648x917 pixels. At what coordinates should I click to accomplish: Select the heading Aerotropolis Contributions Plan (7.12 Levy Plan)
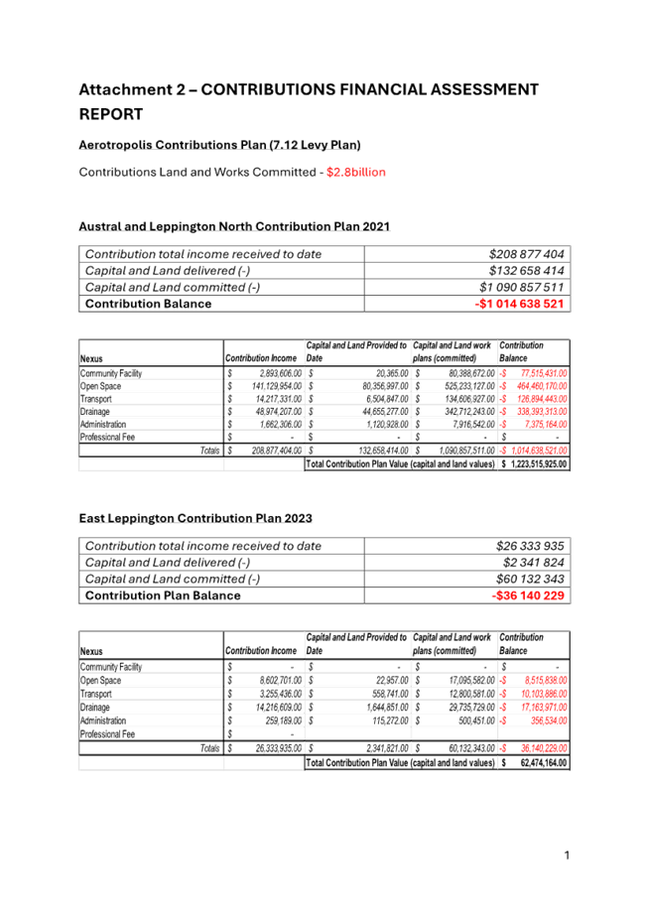(x=219, y=145)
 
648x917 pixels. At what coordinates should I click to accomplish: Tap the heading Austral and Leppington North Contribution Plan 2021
(x=234, y=226)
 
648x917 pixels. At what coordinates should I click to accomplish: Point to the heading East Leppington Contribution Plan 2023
(x=195, y=518)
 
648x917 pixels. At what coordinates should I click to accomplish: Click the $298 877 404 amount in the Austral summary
(x=527, y=254)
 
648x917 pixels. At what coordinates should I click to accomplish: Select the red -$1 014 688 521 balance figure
(x=519, y=304)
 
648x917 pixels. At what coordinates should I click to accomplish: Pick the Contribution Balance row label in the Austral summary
(x=148, y=304)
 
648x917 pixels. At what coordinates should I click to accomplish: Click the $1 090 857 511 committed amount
(x=525, y=287)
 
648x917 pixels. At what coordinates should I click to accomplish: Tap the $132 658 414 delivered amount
(x=527, y=270)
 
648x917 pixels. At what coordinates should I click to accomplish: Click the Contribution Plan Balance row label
(x=163, y=595)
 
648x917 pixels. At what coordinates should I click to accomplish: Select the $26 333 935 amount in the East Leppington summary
(x=530, y=546)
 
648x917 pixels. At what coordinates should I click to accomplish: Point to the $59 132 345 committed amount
(x=530, y=579)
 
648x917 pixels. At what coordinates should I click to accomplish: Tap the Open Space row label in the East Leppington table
(x=100, y=680)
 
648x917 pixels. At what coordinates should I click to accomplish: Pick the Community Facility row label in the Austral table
(x=110, y=373)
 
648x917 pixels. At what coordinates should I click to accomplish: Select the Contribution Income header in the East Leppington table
(x=263, y=650)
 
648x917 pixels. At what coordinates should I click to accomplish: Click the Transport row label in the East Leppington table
(x=97, y=694)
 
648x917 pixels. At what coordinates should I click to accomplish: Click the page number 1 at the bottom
(x=567, y=854)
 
